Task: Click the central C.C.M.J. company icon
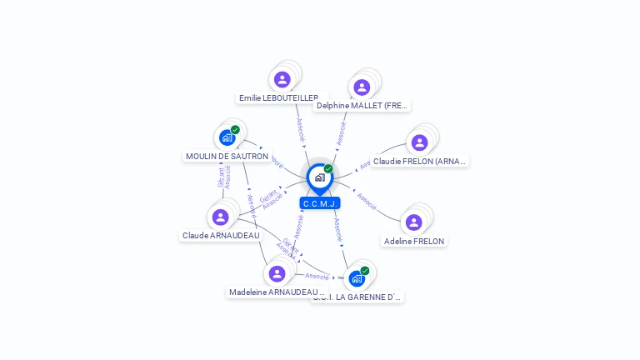(319, 177)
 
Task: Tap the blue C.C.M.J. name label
(320, 203)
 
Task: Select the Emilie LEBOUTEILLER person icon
(282, 80)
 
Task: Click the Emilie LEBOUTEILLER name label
(278, 97)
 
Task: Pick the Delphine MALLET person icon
(361, 87)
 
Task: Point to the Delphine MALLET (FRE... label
(362, 106)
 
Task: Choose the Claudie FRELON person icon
(419, 142)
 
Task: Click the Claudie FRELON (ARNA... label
(420, 161)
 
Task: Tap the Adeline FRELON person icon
(413, 222)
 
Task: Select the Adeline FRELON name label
(414, 241)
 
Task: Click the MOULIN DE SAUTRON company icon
(227, 137)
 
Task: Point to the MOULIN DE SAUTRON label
(227, 156)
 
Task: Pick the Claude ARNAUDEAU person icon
(220, 217)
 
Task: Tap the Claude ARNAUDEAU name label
(221, 236)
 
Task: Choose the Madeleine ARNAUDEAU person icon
(277, 273)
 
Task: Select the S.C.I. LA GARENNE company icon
(357, 278)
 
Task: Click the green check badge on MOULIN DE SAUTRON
(235, 130)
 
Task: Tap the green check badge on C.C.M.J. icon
(328, 168)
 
